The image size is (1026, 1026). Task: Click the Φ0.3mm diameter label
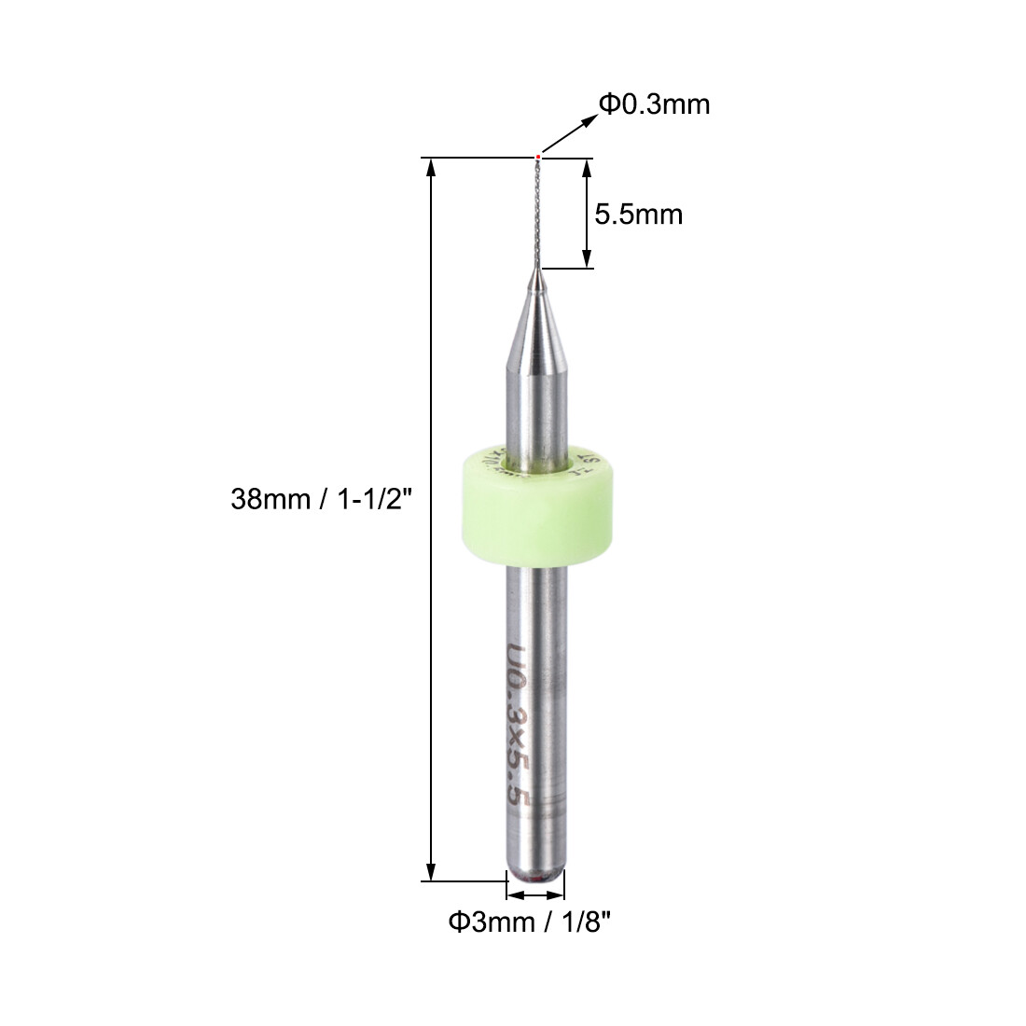[654, 104]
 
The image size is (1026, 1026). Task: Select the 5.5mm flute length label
[639, 215]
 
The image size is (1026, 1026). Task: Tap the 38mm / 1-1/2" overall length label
[321, 500]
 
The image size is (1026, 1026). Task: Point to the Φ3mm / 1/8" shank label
[530, 922]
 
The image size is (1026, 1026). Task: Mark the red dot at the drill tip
[538, 156]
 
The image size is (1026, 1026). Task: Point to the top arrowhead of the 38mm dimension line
[431, 166]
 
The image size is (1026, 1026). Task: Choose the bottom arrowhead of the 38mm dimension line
[431, 871]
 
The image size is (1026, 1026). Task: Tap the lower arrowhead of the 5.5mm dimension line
[586, 260]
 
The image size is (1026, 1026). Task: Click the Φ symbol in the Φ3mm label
[457, 922]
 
